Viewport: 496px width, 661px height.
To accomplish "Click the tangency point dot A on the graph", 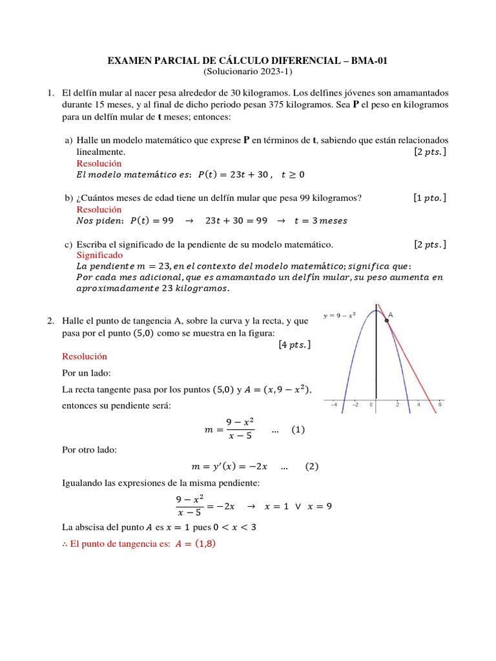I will point(386,321).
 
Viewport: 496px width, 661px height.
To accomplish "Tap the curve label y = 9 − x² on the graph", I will point(339,316).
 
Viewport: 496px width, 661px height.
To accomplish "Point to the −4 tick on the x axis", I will point(333,405).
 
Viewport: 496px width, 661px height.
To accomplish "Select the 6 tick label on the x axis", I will point(440,405).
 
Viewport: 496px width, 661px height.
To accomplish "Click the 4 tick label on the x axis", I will point(418,405).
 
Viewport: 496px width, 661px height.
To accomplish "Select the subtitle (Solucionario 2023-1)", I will point(247,71).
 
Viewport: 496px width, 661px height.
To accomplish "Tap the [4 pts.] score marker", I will point(294,345).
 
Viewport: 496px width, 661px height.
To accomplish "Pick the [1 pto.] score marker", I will point(429,198).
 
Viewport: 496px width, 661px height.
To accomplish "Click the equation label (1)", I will point(298,429).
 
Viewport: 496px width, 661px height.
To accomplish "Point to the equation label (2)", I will point(312,466).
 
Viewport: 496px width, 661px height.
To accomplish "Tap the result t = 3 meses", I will point(320,221).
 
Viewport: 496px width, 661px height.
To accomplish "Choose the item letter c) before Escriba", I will point(68,245).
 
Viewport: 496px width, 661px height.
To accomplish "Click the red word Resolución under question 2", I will point(85,356).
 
